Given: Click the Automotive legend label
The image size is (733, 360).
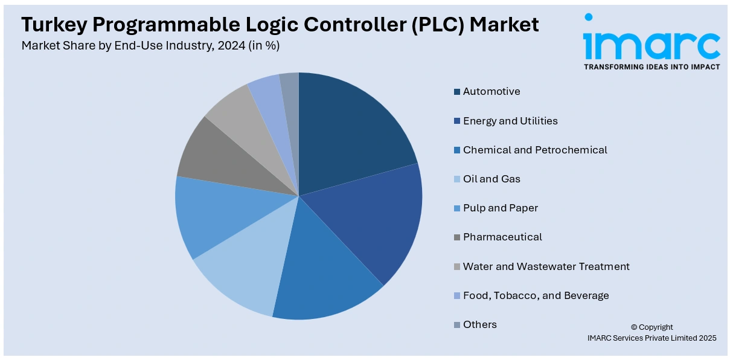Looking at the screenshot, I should [x=491, y=92].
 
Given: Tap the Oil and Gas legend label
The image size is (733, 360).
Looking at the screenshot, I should [x=491, y=179].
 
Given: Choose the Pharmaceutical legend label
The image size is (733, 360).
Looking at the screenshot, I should [x=502, y=237].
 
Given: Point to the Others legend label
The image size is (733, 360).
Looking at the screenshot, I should [x=480, y=324].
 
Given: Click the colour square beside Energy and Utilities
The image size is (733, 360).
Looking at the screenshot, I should [x=457, y=121].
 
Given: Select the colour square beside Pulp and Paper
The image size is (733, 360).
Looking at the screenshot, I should [x=457, y=208].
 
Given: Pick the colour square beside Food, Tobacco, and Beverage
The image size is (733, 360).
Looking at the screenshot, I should [x=457, y=296].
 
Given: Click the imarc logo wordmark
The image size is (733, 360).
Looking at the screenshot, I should [x=651, y=42].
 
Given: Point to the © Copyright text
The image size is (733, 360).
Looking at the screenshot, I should [x=651, y=327].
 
